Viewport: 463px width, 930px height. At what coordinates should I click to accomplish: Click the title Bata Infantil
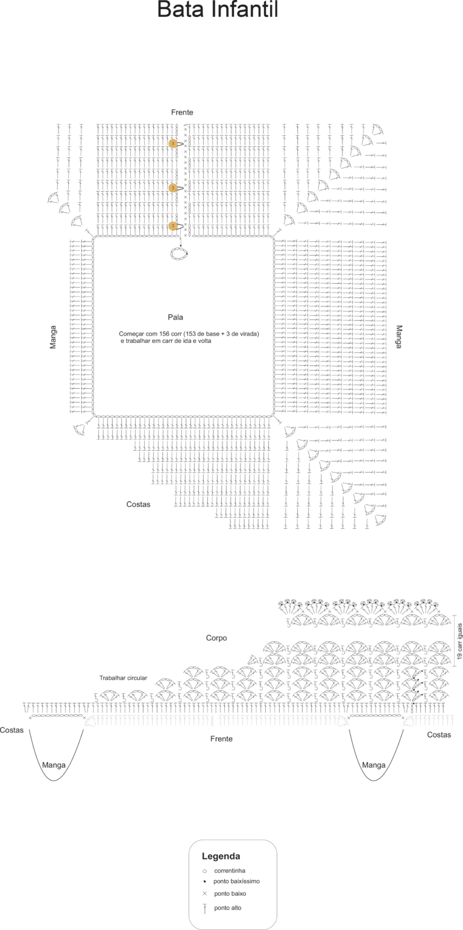(218, 10)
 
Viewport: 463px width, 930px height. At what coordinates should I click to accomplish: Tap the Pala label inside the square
(175, 317)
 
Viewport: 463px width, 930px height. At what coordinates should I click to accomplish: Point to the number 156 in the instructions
(165, 334)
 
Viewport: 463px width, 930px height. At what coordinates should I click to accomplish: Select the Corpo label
(216, 638)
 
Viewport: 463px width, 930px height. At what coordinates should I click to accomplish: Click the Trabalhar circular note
(123, 678)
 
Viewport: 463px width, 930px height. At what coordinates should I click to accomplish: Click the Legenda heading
(221, 856)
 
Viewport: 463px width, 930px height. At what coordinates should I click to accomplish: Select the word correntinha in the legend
(230, 870)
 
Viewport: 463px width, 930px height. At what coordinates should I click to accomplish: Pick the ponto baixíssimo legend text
(237, 881)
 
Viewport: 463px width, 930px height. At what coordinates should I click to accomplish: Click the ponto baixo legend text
(230, 893)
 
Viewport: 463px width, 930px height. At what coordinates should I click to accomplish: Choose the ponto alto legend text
(227, 908)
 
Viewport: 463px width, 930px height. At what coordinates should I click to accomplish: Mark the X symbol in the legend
(204, 893)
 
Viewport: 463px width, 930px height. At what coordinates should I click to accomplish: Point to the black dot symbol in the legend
(205, 881)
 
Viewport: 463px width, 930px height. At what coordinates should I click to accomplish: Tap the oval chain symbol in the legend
(204, 871)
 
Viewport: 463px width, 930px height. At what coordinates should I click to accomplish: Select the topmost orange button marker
(173, 143)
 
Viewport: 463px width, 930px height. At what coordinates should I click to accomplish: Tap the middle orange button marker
(173, 188)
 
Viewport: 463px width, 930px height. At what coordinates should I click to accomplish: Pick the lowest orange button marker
(173, 226)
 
